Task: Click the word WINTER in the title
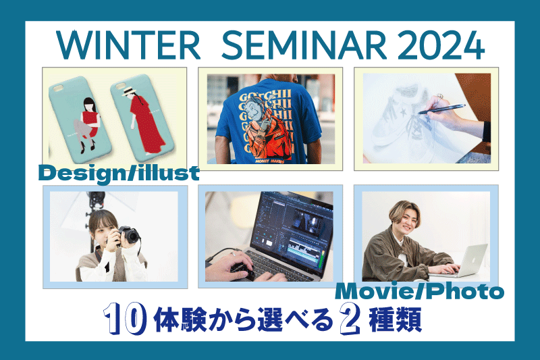128,45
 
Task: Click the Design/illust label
119,173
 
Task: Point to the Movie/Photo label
419,292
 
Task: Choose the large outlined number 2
350,319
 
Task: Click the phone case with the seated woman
80,120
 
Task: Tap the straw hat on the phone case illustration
129,91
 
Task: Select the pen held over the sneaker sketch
442,109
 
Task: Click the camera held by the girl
127,236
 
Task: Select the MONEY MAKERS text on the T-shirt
269,161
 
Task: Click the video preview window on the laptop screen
307,220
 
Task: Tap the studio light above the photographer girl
95,199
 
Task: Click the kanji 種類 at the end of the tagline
395,319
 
